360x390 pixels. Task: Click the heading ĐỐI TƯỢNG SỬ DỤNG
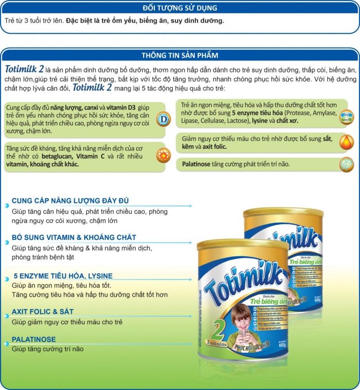tap(180, 8)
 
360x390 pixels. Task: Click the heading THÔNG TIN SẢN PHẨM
tap(180, 55)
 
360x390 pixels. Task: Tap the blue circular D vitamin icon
tap(163, 119)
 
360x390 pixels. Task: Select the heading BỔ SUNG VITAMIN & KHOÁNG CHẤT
tap(74, 237)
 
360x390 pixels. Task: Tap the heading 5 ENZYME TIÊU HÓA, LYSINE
tap(63, 276)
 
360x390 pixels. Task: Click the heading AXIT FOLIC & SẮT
tap(42, 311)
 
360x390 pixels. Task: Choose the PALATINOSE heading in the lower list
tap(34, 339)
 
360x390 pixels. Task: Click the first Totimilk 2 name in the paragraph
tap(25, 70)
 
